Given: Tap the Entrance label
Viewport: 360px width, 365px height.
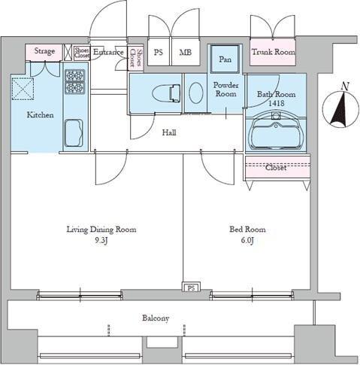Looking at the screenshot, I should click(107, 52).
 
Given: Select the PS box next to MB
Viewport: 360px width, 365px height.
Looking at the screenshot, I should click(159, 52).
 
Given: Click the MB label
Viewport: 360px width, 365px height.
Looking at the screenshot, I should click(184, 52).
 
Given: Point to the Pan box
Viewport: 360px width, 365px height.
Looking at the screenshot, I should click(225, 58).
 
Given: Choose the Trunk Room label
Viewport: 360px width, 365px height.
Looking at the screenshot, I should click(273, 52).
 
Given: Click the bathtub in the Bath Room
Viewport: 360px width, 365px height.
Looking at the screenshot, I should click(275, 133).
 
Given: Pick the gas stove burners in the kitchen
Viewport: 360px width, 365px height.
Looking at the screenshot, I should click(75, 83).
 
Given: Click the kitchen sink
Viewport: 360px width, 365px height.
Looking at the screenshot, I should click(75, 136).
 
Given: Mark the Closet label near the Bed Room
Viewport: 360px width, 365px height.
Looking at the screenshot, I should click(276, 169).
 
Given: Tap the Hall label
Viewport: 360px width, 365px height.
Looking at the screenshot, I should click(171, 132).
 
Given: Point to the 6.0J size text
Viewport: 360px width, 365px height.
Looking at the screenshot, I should click(247, 242).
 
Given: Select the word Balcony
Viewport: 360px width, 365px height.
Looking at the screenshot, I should click(156, 318).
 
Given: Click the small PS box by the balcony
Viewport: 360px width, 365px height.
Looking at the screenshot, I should click(191, 287).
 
